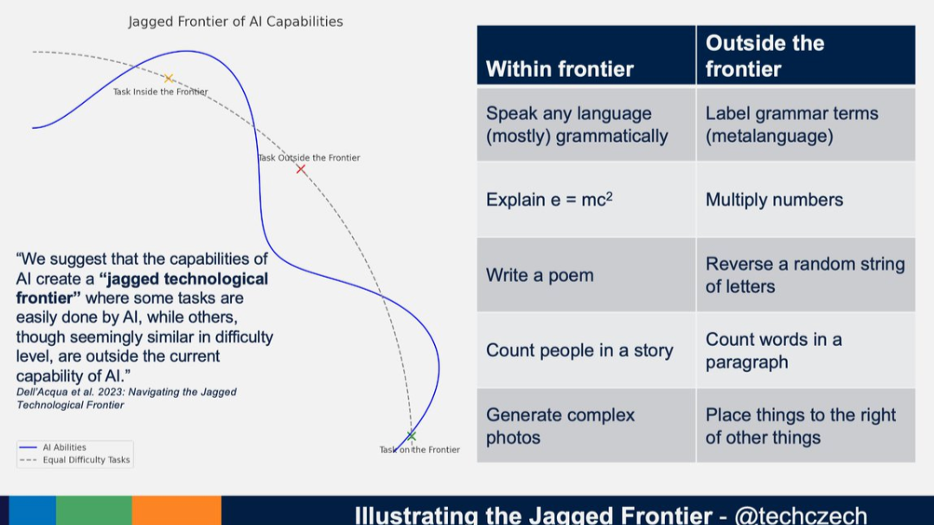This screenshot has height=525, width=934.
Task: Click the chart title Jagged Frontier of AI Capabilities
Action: pos(235,22)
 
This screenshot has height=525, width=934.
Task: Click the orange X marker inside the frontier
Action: pos(169,79)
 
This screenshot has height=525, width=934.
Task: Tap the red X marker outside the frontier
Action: pos(301,169)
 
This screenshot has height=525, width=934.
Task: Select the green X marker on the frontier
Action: pos(412,435)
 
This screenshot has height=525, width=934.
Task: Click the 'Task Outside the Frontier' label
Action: pos(309,157)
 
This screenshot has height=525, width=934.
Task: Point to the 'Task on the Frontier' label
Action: pos(419,450)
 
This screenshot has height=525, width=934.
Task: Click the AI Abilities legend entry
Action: pos(64,447)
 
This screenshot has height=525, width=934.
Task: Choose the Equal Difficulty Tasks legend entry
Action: pos(86,460)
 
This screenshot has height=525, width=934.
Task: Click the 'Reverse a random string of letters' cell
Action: pos(804,275)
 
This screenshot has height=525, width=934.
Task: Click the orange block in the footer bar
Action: pos(176,510)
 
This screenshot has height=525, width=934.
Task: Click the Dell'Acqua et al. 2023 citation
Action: pos(126,398)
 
